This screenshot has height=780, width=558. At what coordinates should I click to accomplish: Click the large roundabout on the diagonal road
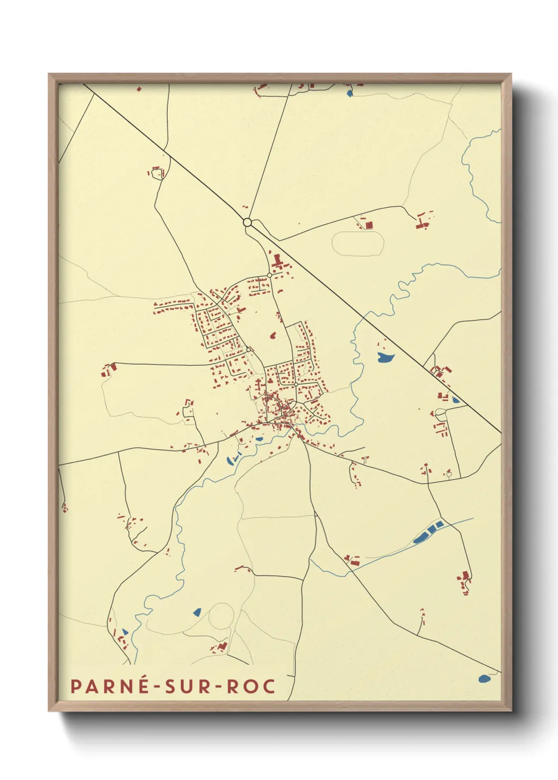coord(247,222)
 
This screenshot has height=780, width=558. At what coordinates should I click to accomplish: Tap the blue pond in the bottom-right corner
coord(484,679)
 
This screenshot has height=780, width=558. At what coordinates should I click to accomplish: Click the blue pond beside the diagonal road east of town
coord(386,358)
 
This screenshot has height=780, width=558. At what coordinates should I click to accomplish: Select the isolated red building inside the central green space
coord(273,335)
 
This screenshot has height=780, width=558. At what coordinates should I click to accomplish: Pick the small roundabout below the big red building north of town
coord(270,275)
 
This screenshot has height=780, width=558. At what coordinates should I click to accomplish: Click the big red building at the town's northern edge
coord(277,261)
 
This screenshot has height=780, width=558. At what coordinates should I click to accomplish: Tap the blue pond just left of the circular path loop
coord(197,612)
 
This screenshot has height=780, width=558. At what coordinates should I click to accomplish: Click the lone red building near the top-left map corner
coord(139,89)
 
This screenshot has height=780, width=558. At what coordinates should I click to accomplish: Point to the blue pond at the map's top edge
coord(350,94)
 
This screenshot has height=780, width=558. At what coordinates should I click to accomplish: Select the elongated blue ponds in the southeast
coord(428,532)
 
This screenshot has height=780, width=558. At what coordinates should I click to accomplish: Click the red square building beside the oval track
coord(369,225)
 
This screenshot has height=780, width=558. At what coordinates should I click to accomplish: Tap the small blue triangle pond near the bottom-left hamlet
coord(125,631)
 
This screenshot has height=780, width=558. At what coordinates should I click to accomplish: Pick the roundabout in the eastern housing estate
coord(296,385)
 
